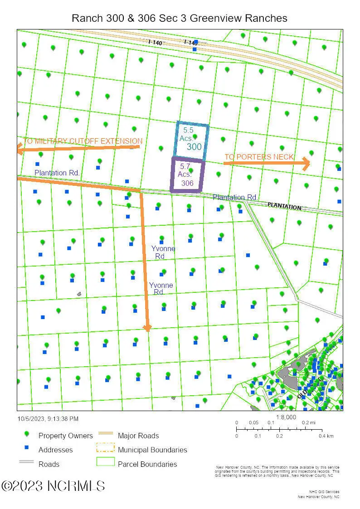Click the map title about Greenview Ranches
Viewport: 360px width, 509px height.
pyautogui.click(x=180, y=18)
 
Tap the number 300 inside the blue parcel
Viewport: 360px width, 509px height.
pyautogui.click(x=194, y=147)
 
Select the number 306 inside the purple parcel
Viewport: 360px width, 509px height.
pyautogui.click(x=187, y=184)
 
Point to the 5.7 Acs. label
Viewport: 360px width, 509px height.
pyautogui.click(x=185, y=170)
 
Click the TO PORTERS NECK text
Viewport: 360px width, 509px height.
pyautogui.click(x=259, y=157)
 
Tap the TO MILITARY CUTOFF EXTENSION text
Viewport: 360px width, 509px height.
pyautogui.click(x=83, y=141)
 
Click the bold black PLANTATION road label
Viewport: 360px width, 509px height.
pyautogui.click(x=284, y=206)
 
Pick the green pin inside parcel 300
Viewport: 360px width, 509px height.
pyautogui.click(x=195, y=136)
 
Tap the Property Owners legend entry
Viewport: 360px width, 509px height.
pyautogui.click(x=65, y=436)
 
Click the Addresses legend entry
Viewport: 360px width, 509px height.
pyautogui.click(x=55, y=450)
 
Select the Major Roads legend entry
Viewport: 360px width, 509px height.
pyautogui.click(x=138, y=436)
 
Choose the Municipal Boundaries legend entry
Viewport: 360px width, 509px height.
pyautogui.click(x=152, y=450)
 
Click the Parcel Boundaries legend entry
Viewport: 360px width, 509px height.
pyautogui.click(x=147, y=464)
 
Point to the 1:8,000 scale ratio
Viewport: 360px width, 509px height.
pyautogui.click(x=286, y=417)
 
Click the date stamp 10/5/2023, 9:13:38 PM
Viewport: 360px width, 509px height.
pyautogui.click(x=48, y=419)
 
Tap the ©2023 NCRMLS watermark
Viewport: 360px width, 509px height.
pyautogui.click(x=53, y=486)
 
